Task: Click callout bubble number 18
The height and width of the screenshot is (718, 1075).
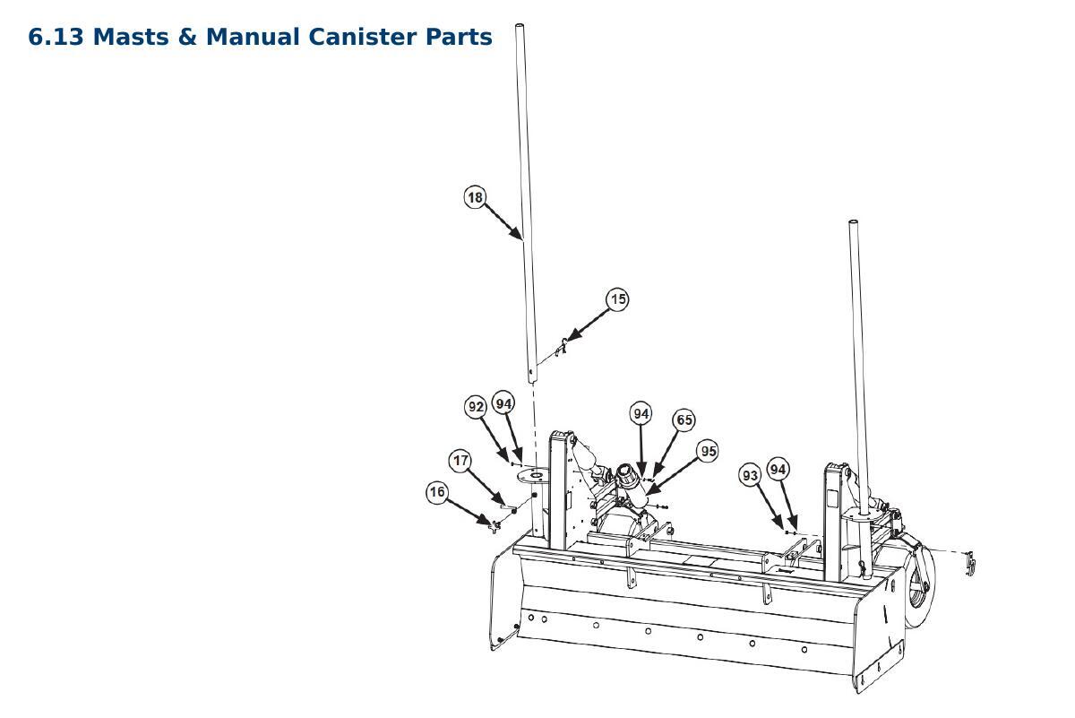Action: click(x=475, y=197)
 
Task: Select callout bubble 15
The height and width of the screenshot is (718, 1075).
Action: click(x=617, y=299)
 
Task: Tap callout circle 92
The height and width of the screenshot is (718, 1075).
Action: click(x=476, y=407)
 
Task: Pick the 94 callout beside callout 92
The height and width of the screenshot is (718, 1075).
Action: click(x=503, y=403)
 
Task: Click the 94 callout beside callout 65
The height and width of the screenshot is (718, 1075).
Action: click(x=641, y=413)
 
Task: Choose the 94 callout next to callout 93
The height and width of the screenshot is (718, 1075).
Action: click(x=778, y=469)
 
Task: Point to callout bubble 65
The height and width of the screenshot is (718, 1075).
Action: click(x=684, y=420)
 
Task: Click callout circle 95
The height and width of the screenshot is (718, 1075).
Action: click(x=709, y=451)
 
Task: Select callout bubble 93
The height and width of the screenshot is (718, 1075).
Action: click(x=750, y=475)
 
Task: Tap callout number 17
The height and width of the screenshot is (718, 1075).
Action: click(x=460, y=461)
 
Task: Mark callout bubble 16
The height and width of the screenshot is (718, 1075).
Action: click(x=437, y=492)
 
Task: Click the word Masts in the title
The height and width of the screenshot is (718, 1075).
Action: click(x=131, y=37)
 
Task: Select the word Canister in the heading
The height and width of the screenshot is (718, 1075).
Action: click(x=362, y=37)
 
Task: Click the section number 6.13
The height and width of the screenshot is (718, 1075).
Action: click(x=56, y=37)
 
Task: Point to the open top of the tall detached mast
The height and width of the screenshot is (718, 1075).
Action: click(x=520, y=25)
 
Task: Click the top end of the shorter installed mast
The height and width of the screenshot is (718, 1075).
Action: click(x=853, y=222)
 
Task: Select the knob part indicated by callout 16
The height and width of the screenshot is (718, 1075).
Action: click(x=494, y=525)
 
